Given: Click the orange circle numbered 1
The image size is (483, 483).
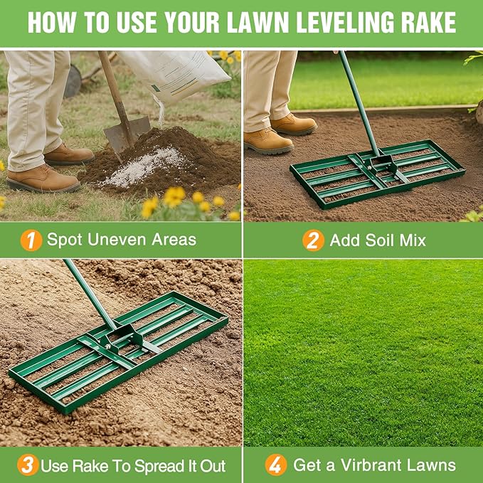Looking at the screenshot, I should point(31,239).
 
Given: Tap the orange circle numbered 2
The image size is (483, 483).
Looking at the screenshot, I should point(313,240).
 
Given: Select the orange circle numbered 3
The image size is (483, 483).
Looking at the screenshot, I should point(28,466).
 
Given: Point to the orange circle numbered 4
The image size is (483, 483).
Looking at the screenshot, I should point(276,466).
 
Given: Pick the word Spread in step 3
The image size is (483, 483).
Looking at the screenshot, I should point(145,467).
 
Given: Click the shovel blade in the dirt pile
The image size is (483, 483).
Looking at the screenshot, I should point(127,133).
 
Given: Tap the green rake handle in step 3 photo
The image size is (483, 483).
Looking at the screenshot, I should point(88,292).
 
